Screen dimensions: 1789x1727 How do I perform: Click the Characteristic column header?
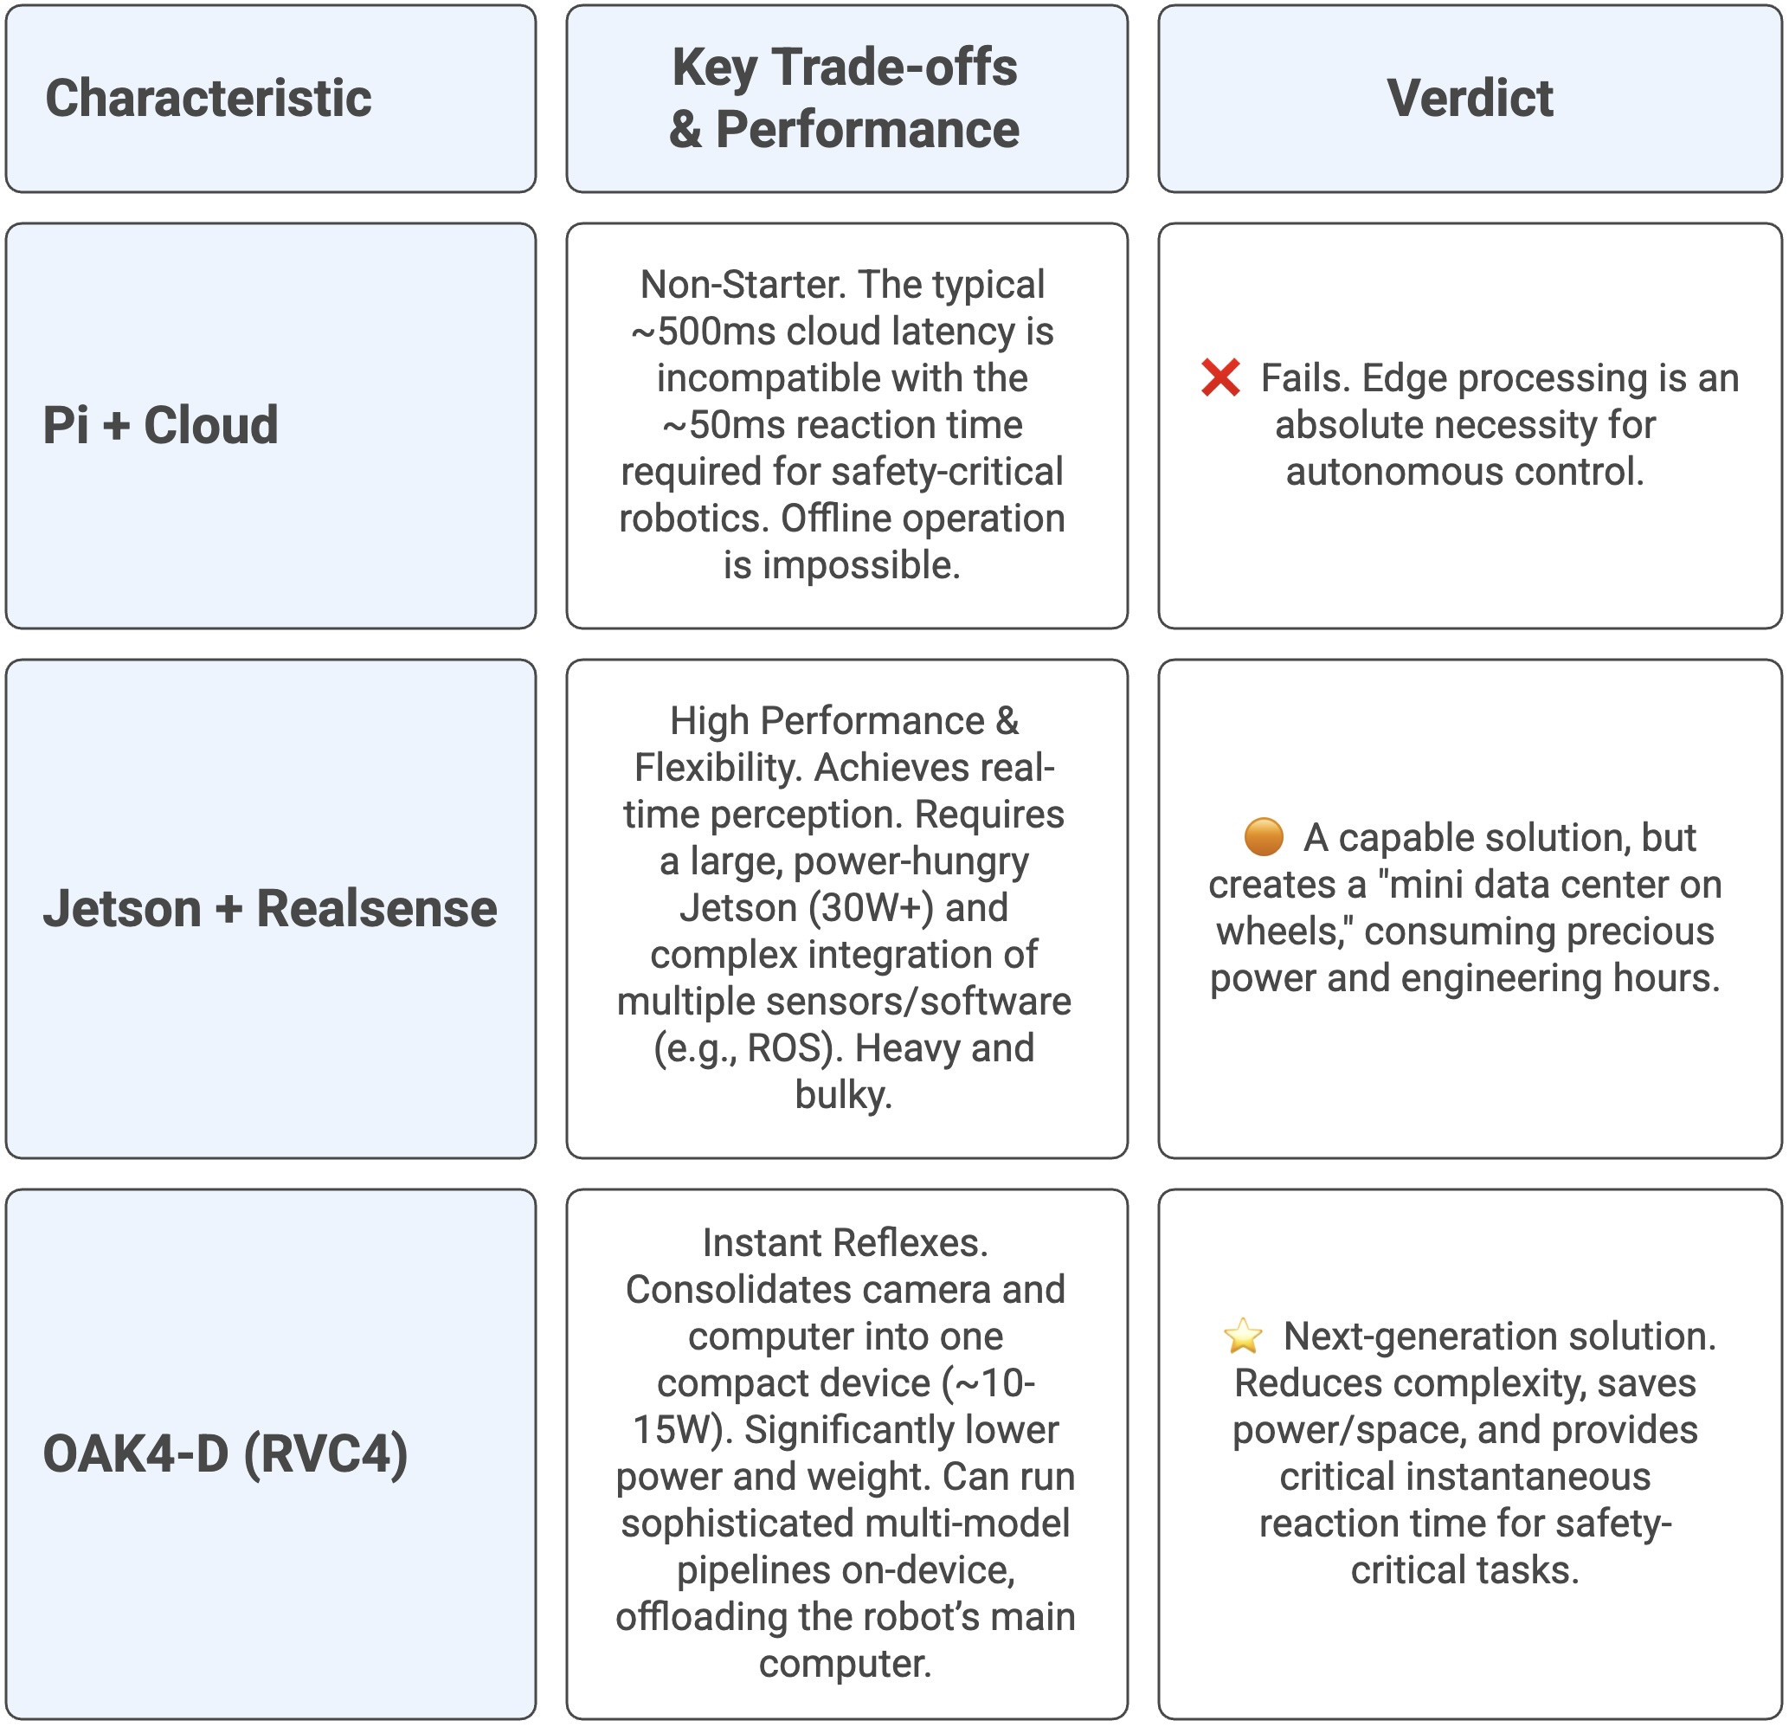pos(208,98)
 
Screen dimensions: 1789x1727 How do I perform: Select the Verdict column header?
pos(1469,98)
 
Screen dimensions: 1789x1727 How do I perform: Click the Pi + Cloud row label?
pos(161,424)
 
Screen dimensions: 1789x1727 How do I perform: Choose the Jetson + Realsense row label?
pos(270,908)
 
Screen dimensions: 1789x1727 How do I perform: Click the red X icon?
pos(1220,378)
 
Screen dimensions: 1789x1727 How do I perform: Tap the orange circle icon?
pos(1264,837)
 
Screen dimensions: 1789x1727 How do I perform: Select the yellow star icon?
pos(1242,1337)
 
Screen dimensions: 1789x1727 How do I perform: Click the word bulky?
pos(842,1094)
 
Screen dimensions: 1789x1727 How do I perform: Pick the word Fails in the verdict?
pos(1303,378)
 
